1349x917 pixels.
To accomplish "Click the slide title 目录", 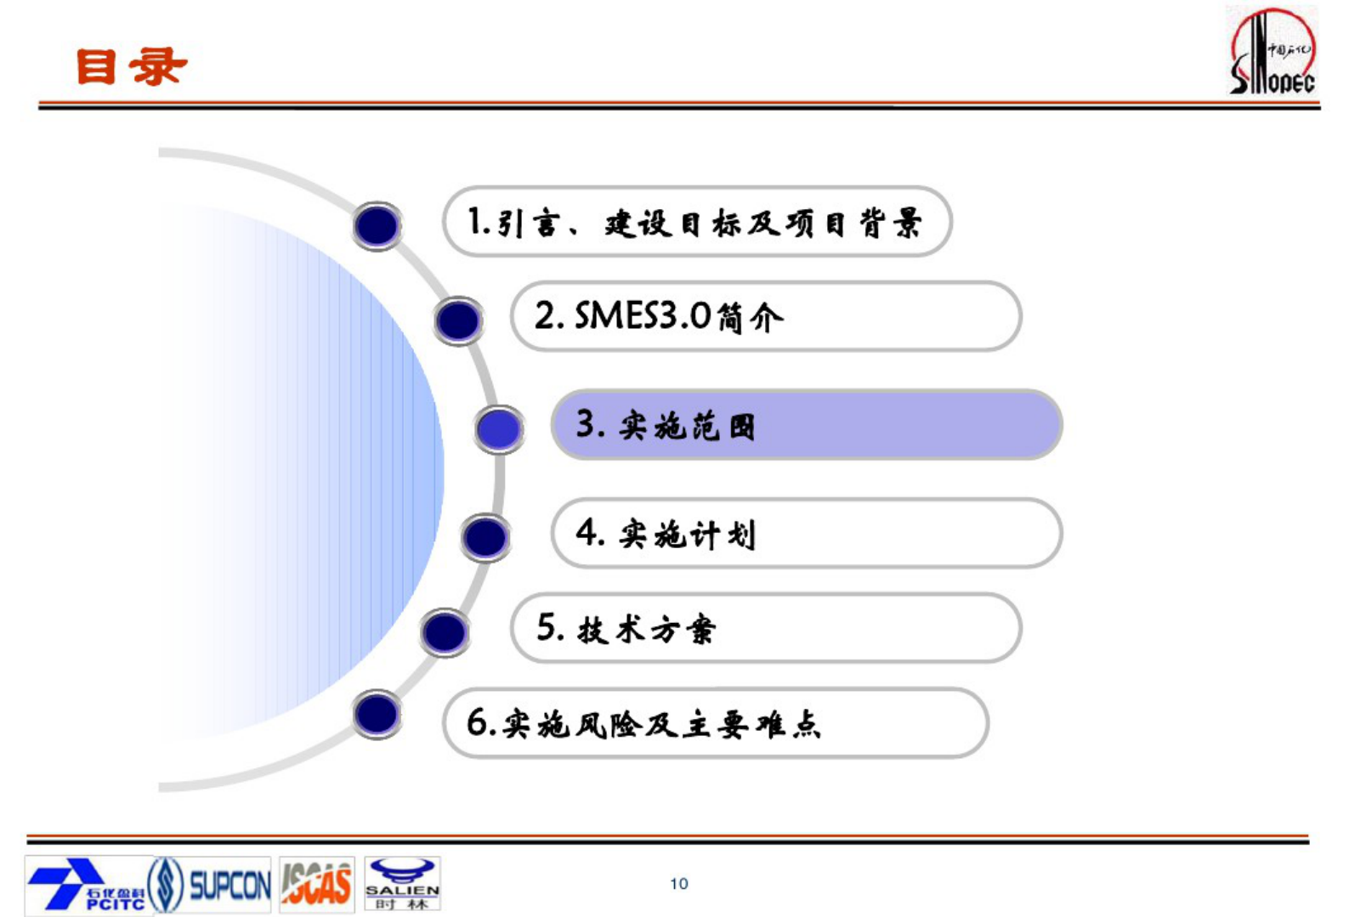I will coord(131,66).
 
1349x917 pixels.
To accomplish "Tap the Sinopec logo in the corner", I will coord(1272,51).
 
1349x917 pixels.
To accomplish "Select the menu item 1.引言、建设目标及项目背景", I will coord(695,223).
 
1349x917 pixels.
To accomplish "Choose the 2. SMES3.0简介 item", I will coord(765,317).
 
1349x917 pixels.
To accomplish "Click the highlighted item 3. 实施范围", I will coord(806,425).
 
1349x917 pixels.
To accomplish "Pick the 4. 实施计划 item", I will coord(806,534).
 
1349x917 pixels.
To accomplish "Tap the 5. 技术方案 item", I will coord(765,629).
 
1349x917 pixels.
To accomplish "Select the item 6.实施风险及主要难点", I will coord(714,724).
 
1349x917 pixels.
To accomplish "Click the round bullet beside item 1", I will coord(377,225).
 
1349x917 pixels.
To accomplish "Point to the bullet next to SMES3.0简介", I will coord(458,320).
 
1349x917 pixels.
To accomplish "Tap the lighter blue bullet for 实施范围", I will coord(499,428).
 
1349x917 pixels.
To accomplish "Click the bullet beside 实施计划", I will coord(485,537).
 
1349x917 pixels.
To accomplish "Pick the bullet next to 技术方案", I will coord(445,632).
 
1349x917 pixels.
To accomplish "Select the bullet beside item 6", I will coord(377,714).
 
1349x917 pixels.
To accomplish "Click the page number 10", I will coord(678,884).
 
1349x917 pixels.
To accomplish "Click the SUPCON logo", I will coord(210,885).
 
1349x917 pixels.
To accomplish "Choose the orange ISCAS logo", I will coord(316,885).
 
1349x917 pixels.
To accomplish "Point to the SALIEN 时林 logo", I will coord(402,885).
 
